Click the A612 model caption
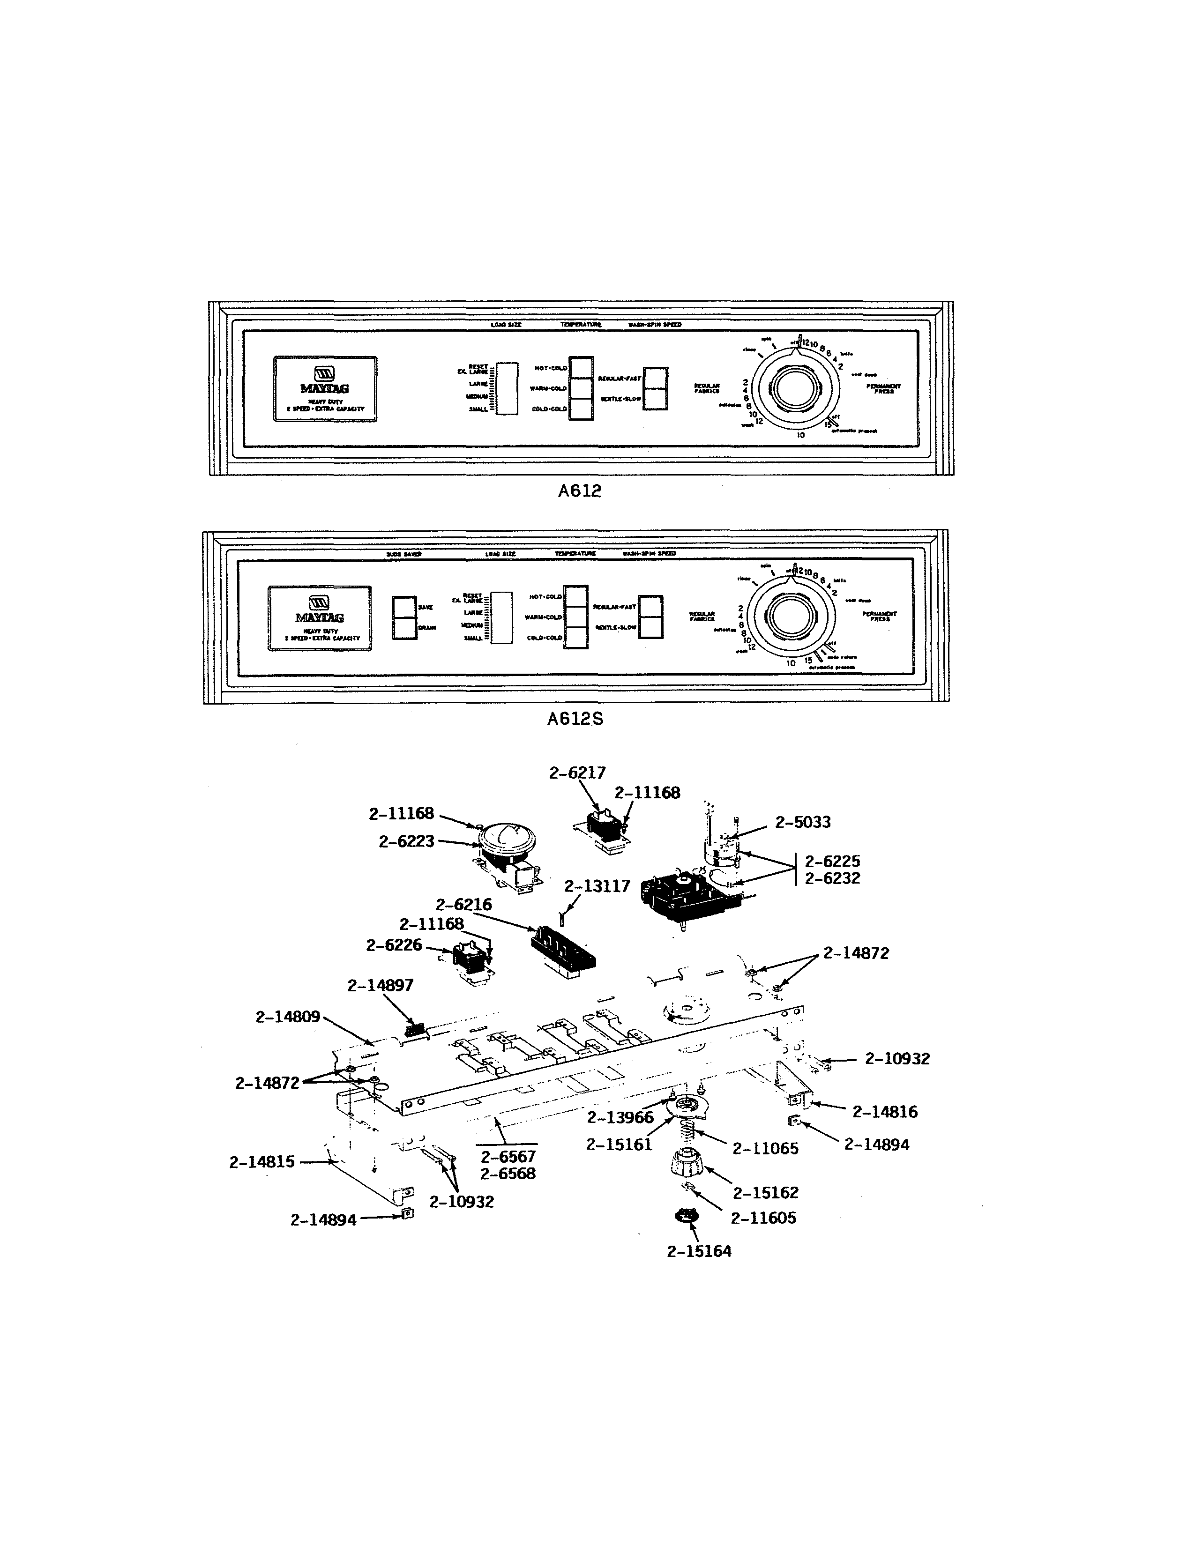[x=579, y=491]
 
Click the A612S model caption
[x=575, y=719]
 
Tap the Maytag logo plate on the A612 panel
[x=325, y=389]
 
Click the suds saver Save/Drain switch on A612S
[x=405, y=618]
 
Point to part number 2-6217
[x=577, y=773]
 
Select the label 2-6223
[x=406, y=842]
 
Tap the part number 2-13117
[x=597, y=886]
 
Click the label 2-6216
[x=463, y=905]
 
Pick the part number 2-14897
[x=380, y=985]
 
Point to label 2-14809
[x=287, y=1017]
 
